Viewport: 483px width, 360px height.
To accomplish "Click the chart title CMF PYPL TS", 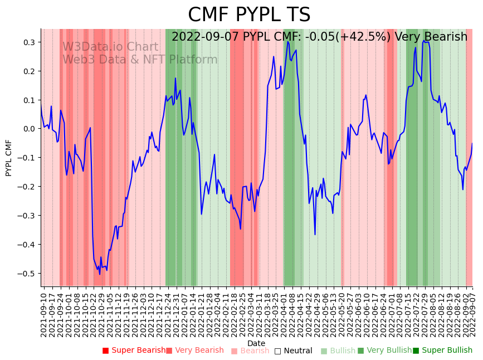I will click(x=249, y=15).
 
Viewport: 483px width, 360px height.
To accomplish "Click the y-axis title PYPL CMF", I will click(x=8, y=158).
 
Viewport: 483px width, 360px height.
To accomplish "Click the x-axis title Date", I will click(x=256, y=343).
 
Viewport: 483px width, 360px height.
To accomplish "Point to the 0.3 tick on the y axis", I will click(x=28, y=42).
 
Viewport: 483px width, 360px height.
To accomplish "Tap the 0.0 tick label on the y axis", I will click(x=28, y=129).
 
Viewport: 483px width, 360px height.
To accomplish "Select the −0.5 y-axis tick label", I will click(x=27, y=273).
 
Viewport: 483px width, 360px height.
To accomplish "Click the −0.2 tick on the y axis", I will click(x=27, y=187).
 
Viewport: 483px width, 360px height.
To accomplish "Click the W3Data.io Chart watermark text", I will click(x=110, y=47).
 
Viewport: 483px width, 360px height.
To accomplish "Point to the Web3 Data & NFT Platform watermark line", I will click(x=140, y=60).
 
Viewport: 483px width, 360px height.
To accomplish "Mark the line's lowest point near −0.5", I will click(x=100, y=274).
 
